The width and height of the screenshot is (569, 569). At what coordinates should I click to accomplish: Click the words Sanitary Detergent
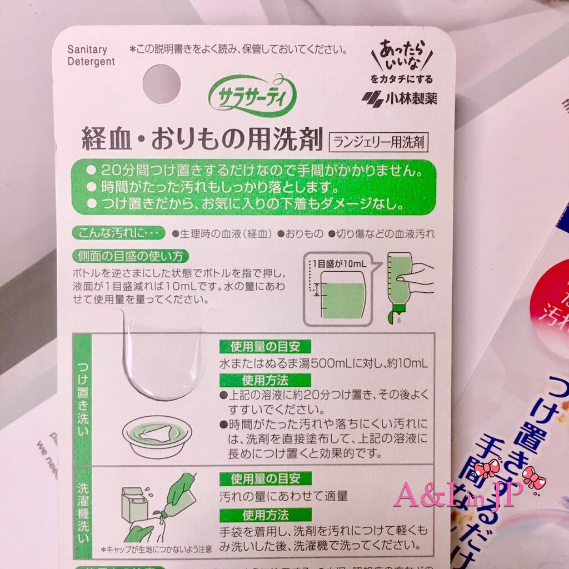tap(91, 56)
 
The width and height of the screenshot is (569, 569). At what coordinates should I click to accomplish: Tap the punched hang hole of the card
tap(162, 84)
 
